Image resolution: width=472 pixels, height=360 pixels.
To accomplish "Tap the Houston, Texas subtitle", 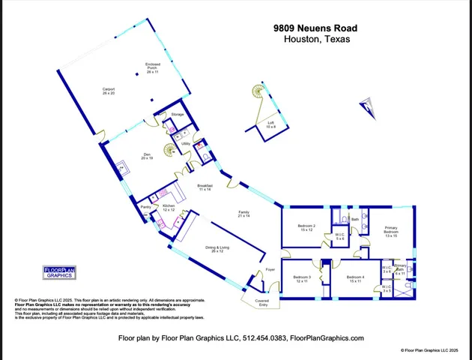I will pyautogui.click(x=317, y=40).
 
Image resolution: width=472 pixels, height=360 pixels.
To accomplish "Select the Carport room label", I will pyautogui.click(x=109, y=91).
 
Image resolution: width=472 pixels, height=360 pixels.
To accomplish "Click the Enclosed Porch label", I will pyautogui.click(x=153, y=68).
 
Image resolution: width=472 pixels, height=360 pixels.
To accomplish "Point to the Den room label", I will pyautogui.click(x=147, y=157).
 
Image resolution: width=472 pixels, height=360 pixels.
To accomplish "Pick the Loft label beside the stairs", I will pyautogui.click(x=270, y=124).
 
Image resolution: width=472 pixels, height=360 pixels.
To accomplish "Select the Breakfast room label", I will pyautogui.click(x=205, y=187).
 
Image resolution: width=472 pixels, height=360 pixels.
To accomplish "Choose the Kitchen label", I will pyautogui.click(x=169, y=207).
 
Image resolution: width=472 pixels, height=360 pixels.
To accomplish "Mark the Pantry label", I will pyautogui.click(x=146, y=207).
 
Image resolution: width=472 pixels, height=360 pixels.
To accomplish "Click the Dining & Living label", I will pyautogui.click(x=217, y=249).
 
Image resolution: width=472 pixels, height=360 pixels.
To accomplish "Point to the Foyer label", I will pyautogui.click(x=270, y=268).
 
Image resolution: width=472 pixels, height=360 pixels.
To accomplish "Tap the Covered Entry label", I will pyautogui.click(x=263, y=302).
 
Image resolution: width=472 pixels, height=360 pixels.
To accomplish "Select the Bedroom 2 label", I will pyautogui.click(x=306, y=227).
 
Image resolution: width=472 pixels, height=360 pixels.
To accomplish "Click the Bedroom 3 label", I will pyautogui.click(x=302, y=279).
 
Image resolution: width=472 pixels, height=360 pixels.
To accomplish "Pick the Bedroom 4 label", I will pyautogui.click(x=355, y=279).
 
